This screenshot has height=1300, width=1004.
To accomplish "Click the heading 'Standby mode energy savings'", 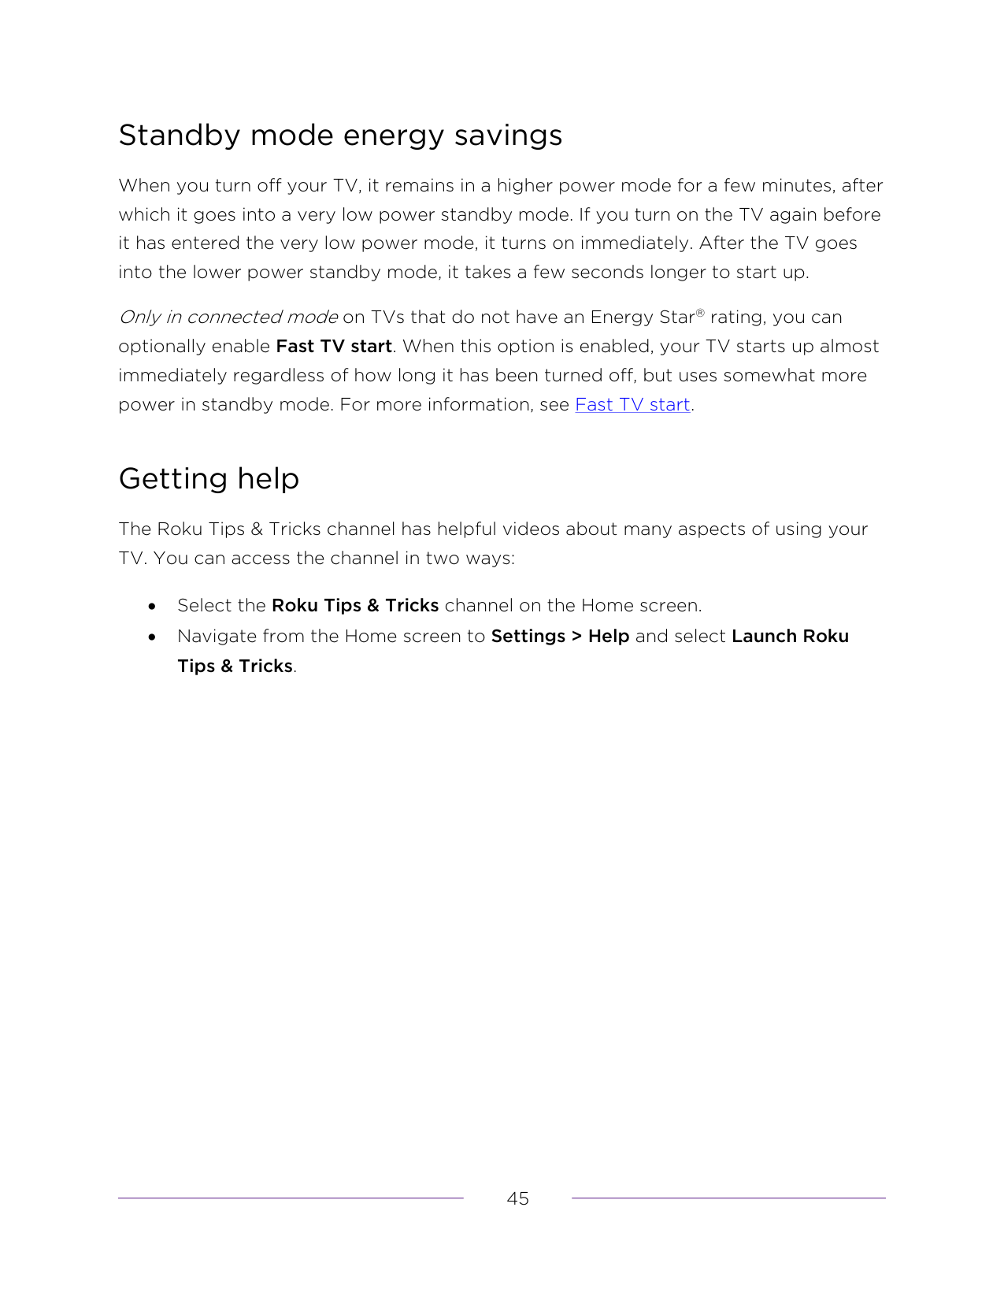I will (340, 136).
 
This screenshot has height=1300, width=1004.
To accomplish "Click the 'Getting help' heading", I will (209, 479).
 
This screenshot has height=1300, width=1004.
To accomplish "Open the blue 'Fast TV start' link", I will (632, 405).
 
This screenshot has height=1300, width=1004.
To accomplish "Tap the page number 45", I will (517, 1198).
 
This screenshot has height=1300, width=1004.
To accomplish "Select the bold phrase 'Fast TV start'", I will (334, 347).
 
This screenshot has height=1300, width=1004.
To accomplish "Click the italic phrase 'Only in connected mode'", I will (228, 318).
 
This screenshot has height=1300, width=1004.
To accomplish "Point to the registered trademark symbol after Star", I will (700, 313).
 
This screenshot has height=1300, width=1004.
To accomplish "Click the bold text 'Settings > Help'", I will (560, 637).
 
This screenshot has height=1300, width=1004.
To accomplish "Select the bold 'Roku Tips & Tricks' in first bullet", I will (355, 606).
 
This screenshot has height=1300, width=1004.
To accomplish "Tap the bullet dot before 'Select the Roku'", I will (152, 607).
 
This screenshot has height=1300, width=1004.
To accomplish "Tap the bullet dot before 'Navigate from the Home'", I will (152, 637).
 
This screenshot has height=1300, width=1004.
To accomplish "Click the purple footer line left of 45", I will (291, 1198).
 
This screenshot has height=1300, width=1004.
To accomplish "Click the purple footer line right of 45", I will (728, 1198).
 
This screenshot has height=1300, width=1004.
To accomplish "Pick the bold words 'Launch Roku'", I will (790, 637).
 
